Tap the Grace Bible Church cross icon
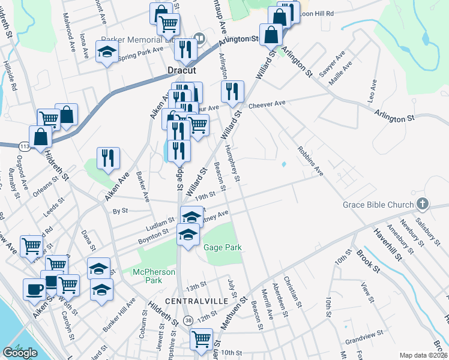(423, 205)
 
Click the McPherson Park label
(154, 276)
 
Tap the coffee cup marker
(34, 289)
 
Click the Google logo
(20, 353)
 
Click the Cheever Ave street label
(267, 104)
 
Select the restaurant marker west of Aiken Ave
(108, 158)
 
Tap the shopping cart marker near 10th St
(200, 339)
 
